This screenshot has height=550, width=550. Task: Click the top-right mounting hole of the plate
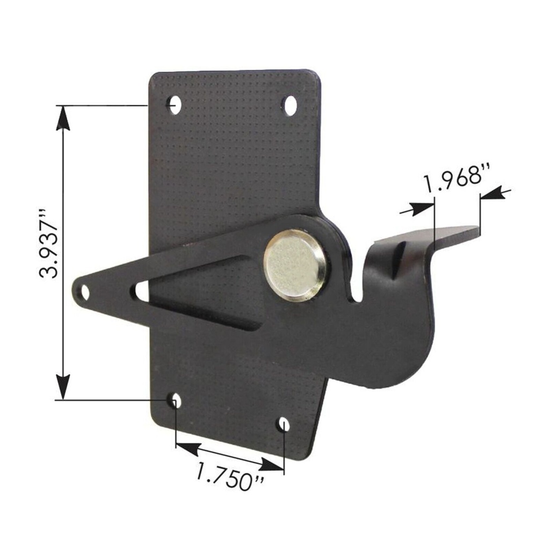point(290,105)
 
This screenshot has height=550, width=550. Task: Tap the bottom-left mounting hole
point(176,401)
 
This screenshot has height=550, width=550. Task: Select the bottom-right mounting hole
point(284,425)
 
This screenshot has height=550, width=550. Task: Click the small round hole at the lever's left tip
point(84,292)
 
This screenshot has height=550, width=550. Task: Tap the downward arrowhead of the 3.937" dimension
point(63,387)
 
